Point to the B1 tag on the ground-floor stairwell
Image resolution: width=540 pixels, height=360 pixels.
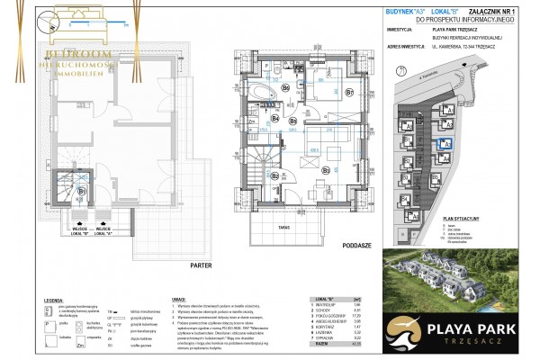coord(81,191)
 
